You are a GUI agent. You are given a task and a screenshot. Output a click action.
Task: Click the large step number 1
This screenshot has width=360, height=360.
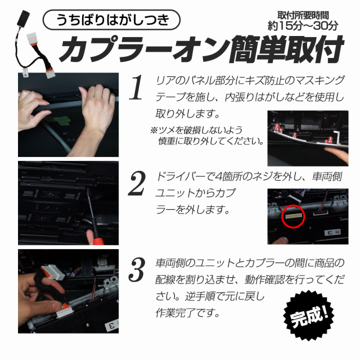click(137, 88)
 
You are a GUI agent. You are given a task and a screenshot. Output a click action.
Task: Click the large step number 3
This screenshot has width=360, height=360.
click(137, 272)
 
